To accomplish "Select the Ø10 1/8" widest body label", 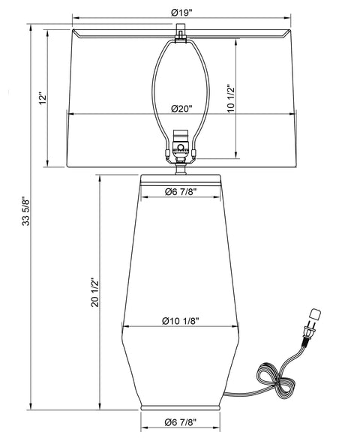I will coord(180,320).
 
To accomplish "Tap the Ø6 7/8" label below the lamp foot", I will coord(180,423).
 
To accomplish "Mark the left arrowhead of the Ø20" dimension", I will coord(70,115).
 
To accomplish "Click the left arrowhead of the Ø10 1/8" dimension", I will coord(124,327).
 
